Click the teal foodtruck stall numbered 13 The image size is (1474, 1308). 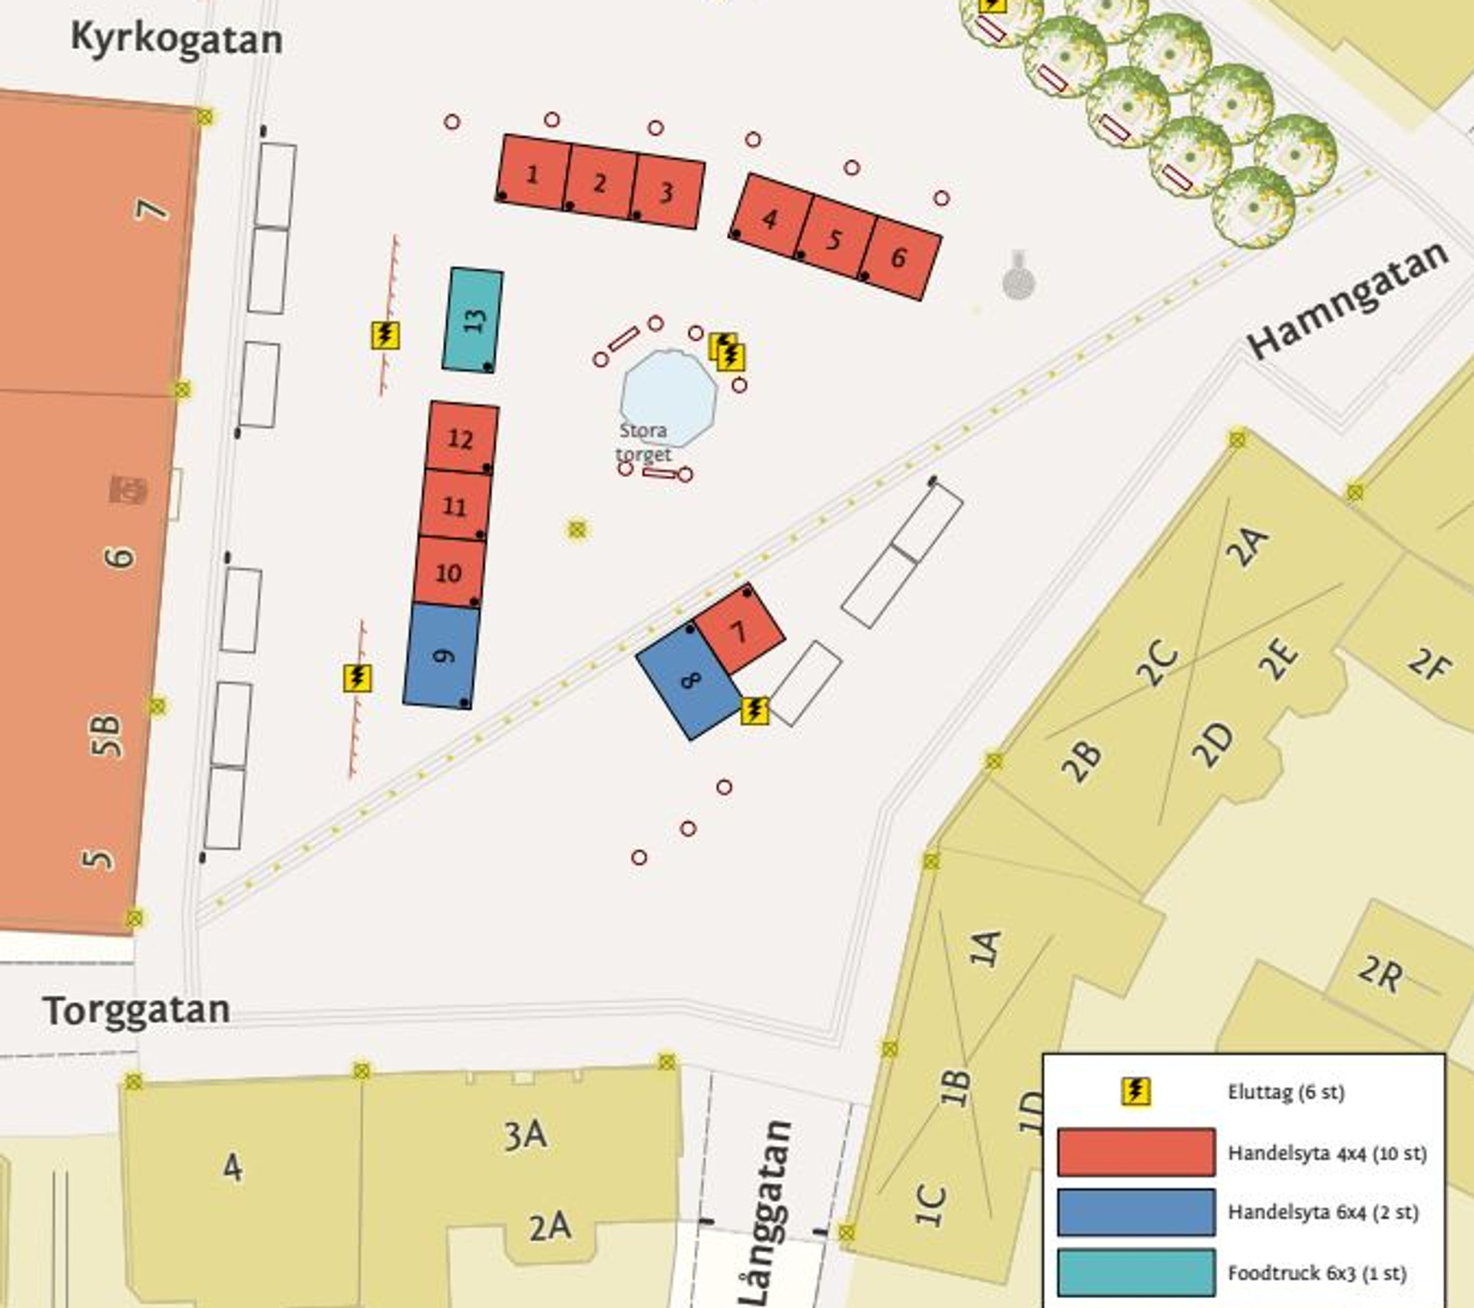click(473, 319)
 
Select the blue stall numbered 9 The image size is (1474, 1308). click(441, 656)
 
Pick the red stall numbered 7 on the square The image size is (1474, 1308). click(739, 630)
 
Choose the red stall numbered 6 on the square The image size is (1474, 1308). click(900, 259)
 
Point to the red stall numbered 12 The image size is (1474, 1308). click(461, 438)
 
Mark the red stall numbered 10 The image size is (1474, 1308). click(449, 572)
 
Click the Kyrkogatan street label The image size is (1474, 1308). click(176, 38)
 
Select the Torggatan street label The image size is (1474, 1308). click(136, 1011)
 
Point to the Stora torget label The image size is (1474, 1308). click(643, 442)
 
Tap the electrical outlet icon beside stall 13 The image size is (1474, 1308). click(385, 335)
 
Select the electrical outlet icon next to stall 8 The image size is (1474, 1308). click(755, 710)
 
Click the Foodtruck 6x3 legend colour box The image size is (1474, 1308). click(1135, 1272)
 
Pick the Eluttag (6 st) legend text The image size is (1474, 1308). click(1286, 1092)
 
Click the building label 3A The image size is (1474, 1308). click(525, 1135)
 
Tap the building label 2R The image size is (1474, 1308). click(1380, 974)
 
